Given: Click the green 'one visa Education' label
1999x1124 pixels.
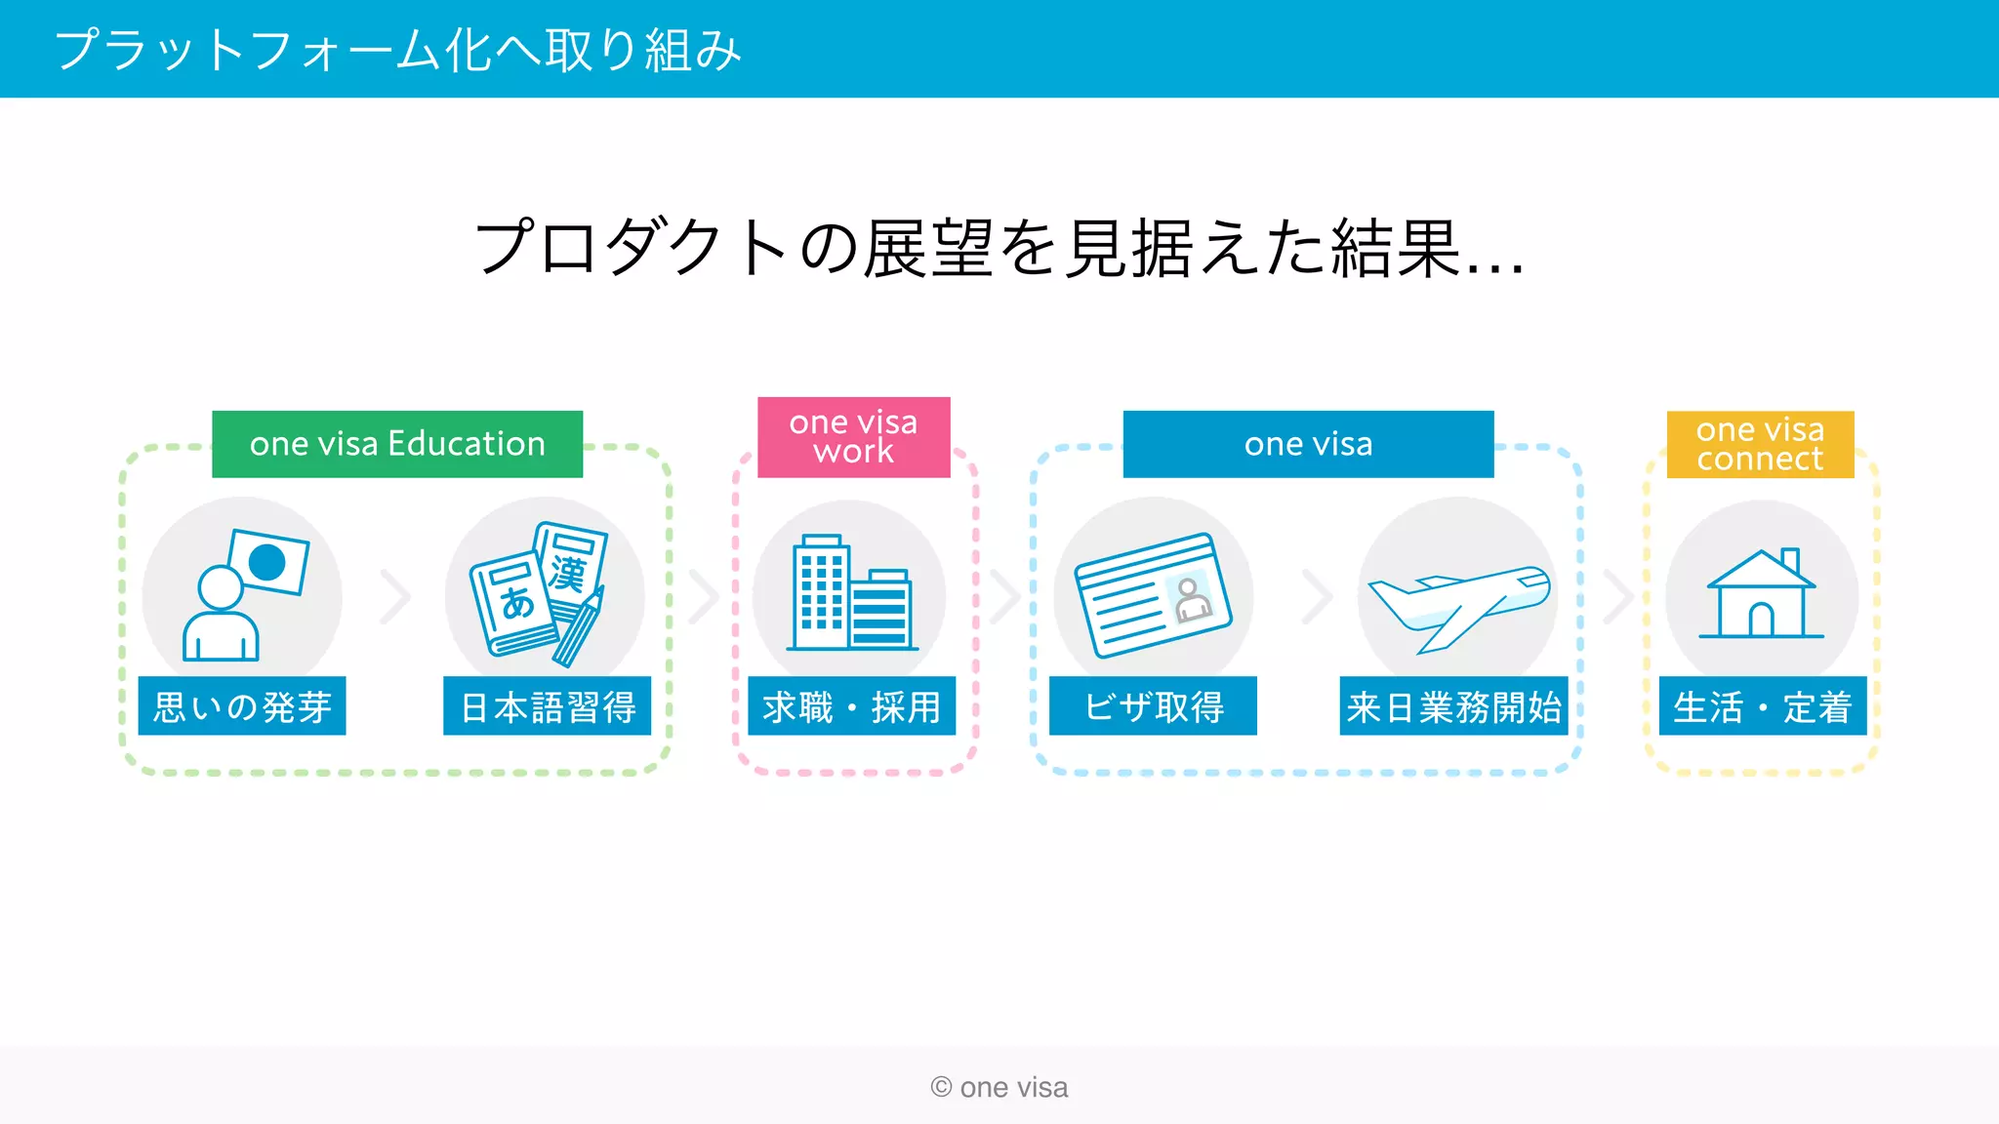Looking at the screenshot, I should pyautogui.click(x=397, y=444).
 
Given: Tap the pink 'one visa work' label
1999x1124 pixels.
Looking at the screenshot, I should pyautogui.click(x=853, y=437).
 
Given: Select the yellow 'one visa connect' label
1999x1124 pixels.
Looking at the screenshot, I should pyautogui.click(x=1760, y=444).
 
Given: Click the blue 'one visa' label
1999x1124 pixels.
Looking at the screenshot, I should pyautogui.click(x=1308, y=444).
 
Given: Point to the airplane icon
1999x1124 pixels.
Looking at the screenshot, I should pyautogui.click(x=1458, y=606).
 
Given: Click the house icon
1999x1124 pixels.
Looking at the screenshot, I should pyautogui.click(x=1761, y=594).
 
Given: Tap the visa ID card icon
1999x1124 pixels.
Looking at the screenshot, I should pyautogui.click(x=1153, y=594).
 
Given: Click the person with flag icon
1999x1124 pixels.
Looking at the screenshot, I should pyautogui.click(x=243, y=594).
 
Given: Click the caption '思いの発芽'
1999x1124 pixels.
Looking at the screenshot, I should pyautogui.click(x=242, y=706).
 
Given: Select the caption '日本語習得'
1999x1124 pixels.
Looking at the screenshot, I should pyautogui.click(x=548, y=706).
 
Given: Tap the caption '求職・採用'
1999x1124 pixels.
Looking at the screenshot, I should pyautogui.click(x=852, y=706).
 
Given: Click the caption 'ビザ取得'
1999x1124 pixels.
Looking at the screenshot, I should pyautogui.click(x=1154, y=706).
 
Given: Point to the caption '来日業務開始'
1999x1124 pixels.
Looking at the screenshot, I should pyautogui.click(x=1454, y=706).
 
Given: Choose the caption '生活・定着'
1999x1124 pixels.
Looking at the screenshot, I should pyautogui.click(x=1763, y=706).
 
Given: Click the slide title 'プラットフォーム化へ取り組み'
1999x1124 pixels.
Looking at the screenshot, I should pyautogui.click(x=398, y=50).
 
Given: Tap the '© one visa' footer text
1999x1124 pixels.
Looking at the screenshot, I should pyautogui.click(x=999, y=1087).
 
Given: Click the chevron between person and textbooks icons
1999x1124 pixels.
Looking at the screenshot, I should pyautogui.click(x=395, y=596).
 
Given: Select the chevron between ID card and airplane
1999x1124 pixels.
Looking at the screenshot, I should pyautogui.click(x=1317, y=596).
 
